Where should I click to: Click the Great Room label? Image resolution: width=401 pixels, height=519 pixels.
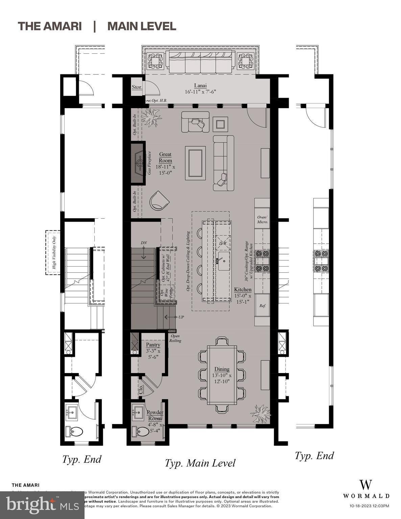pos(165,157)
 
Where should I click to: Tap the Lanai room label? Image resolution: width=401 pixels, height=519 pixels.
pos(200,86)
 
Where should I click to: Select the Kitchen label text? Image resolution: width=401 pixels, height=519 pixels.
pos(243,290)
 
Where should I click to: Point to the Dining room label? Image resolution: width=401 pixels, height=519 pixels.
pos(222,369)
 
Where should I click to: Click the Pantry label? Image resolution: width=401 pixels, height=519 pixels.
pos(153,345)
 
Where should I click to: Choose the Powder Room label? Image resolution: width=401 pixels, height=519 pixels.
pos(155,415)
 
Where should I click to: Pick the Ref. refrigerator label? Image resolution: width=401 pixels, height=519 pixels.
pos(262,305)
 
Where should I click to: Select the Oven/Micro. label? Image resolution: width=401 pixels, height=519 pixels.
pos(262,220)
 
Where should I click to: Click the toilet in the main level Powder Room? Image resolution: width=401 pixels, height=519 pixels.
pos(143,431)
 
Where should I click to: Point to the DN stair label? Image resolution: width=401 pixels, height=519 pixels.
pos(144,243)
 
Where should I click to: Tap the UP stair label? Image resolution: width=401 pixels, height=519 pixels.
pos(181,317)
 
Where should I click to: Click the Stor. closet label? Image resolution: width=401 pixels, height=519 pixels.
pos(137,87)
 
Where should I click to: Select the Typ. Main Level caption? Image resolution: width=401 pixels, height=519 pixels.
pos(200,463)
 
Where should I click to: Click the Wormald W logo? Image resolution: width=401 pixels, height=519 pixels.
pos(365,485)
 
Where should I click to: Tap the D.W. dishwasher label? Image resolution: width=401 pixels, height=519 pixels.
pos(223,243)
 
